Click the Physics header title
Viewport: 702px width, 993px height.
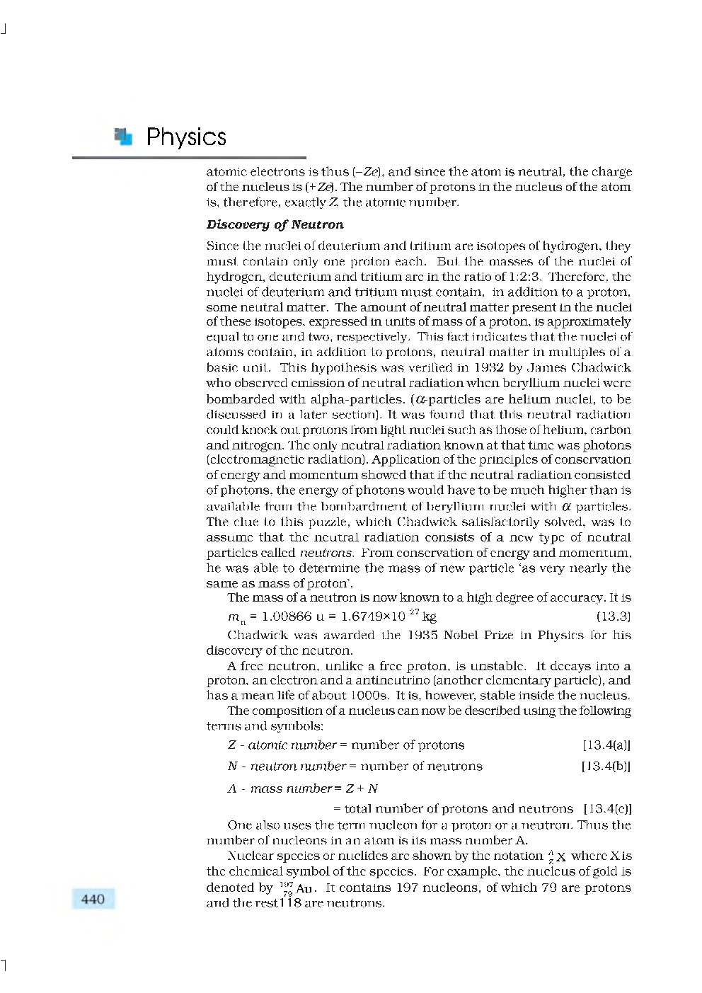pos(185,137)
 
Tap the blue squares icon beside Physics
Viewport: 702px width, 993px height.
pos(123,136)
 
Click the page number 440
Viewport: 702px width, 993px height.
pos(93,899)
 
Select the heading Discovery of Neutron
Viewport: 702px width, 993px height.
pos(275,224)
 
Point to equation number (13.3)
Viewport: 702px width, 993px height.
pos(613,616)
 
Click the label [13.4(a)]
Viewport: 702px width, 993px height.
pos(606,745)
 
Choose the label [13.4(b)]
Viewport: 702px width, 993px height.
pos(605,766)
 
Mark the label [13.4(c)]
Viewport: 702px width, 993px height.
pos(607,808)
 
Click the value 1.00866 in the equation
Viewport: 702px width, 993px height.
pos(287,616)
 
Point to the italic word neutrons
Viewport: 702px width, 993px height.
pos(326,553)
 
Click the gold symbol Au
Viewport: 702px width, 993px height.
pos(304,888)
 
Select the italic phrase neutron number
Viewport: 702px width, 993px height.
pos(298,766)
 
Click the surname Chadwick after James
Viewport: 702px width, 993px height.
pos(601,367)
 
